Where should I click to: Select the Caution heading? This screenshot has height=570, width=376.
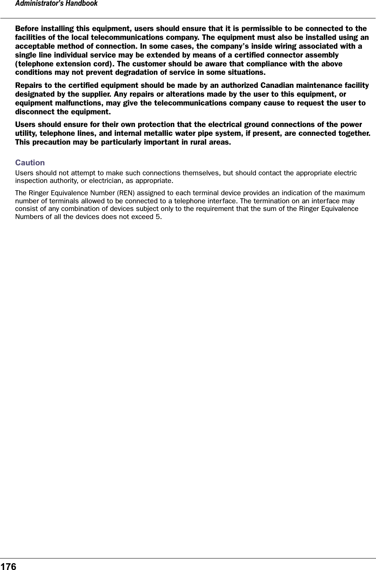tap(30, 163)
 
